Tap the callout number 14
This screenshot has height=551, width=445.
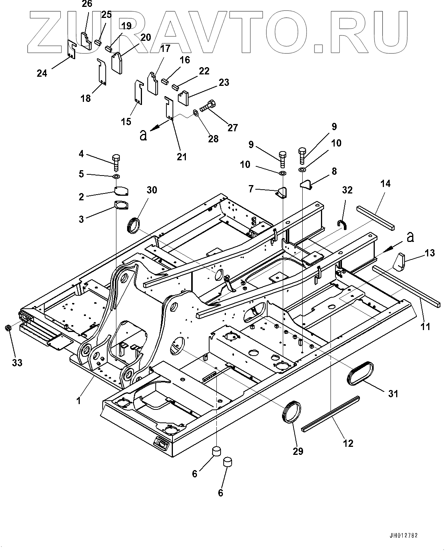click(x=385, y=184)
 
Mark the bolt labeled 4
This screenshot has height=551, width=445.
click(x=116, y=161)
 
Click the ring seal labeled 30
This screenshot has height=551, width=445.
click(x=133, y=225)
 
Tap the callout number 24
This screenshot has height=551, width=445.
click(x=42, y=72)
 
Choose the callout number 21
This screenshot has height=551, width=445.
click(x=182, y=156)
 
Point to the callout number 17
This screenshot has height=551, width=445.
click(x=165, y=48)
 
